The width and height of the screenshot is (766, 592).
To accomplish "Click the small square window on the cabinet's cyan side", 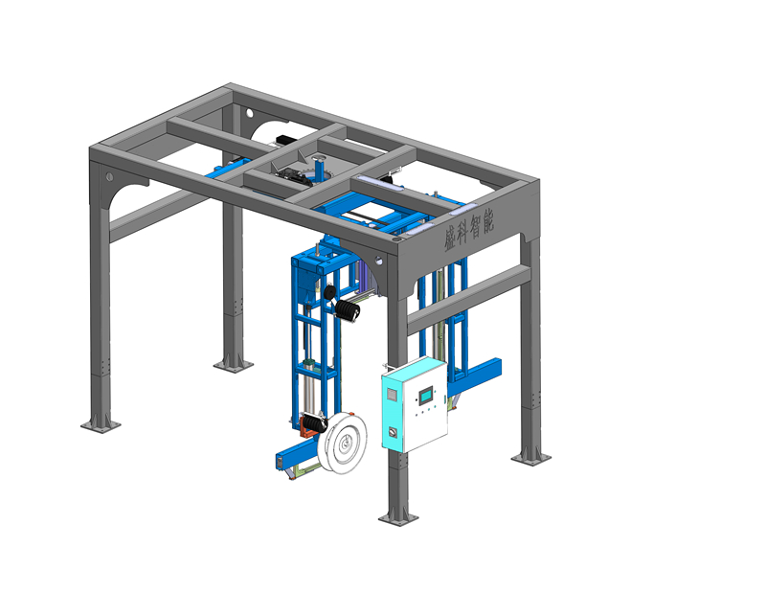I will coord(392,394).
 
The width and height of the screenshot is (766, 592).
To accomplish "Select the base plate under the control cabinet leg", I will coord(398,517).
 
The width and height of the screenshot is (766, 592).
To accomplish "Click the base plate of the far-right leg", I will coord(530,457).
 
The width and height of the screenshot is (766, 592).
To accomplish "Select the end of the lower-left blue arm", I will coord(278,463).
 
